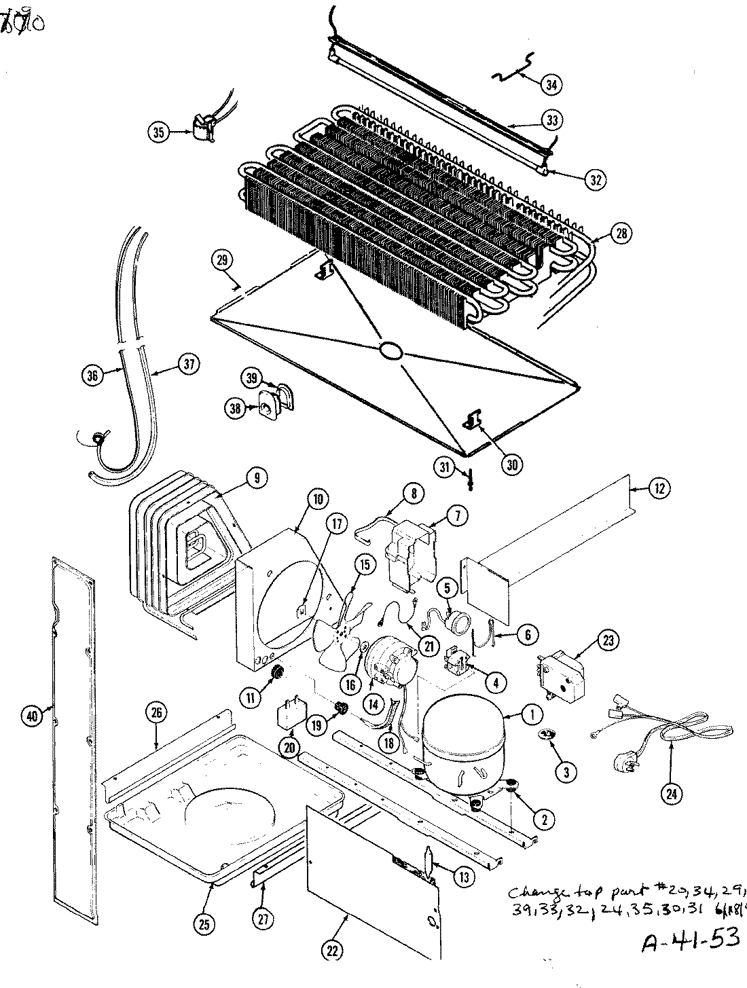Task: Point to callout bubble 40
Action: pos(32,716)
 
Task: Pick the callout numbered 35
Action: pos(160,133)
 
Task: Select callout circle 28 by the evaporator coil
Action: pos(621,233)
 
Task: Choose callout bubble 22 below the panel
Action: pos(331,951)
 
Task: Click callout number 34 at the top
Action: pos(551,84)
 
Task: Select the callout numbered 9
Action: pos(256,479)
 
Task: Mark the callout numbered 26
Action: pos(156,712)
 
